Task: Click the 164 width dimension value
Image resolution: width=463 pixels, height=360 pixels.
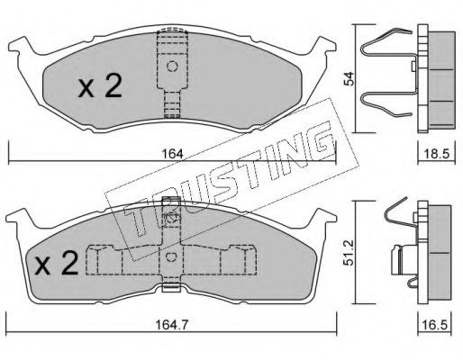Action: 172,154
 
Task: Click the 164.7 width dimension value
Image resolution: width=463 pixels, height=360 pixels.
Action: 172,325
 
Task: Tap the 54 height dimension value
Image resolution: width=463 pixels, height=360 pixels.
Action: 349,78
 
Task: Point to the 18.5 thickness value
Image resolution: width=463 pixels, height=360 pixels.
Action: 437,154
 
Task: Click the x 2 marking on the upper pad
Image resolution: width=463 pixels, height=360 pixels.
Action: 100,85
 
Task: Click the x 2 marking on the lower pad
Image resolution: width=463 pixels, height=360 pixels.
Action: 57,263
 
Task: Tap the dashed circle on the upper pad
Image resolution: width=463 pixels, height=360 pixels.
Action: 172,66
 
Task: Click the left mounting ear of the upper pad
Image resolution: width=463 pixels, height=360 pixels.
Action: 23,46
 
